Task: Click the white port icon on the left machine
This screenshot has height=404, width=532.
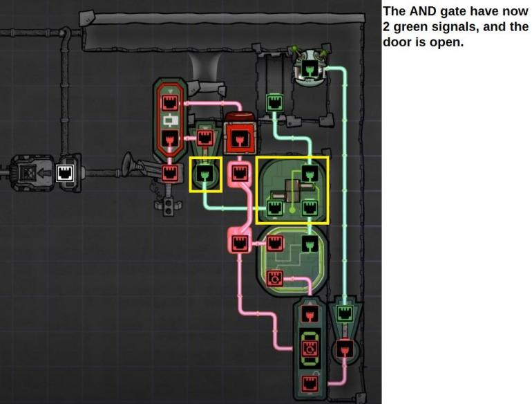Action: click(65, 173)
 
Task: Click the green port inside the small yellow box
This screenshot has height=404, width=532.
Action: click(205, 174)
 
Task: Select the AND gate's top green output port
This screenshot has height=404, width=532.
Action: click(310, 173)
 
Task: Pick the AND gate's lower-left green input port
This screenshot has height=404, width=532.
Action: click(275, 208)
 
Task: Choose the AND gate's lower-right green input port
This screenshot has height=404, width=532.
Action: click(310, 208)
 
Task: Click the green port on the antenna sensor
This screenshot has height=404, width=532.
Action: click(309, 69)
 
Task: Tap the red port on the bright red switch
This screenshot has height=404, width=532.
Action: click(240, 138)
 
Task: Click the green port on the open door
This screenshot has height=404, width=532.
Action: click(274, 102)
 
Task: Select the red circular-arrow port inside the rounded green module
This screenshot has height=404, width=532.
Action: click(275, 279)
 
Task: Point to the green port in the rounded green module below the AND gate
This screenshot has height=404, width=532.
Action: click(310, 244)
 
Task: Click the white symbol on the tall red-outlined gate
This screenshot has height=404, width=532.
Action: click(170, 120)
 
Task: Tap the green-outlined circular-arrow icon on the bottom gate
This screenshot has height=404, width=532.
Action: click(310, 348)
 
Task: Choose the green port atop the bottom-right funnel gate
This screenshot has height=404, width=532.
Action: click(345, 313)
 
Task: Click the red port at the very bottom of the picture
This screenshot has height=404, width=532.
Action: click(310, 384)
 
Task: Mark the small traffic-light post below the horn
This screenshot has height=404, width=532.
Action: click(168, 206)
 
